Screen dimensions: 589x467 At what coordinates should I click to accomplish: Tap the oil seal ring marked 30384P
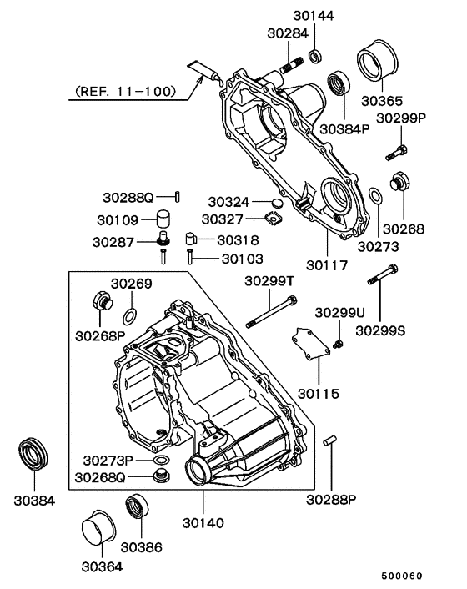click(339, 86)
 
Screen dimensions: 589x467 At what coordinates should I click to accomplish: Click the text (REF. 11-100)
click(124, 89)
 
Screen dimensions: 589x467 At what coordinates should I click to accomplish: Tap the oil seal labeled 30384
click(34, 454)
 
